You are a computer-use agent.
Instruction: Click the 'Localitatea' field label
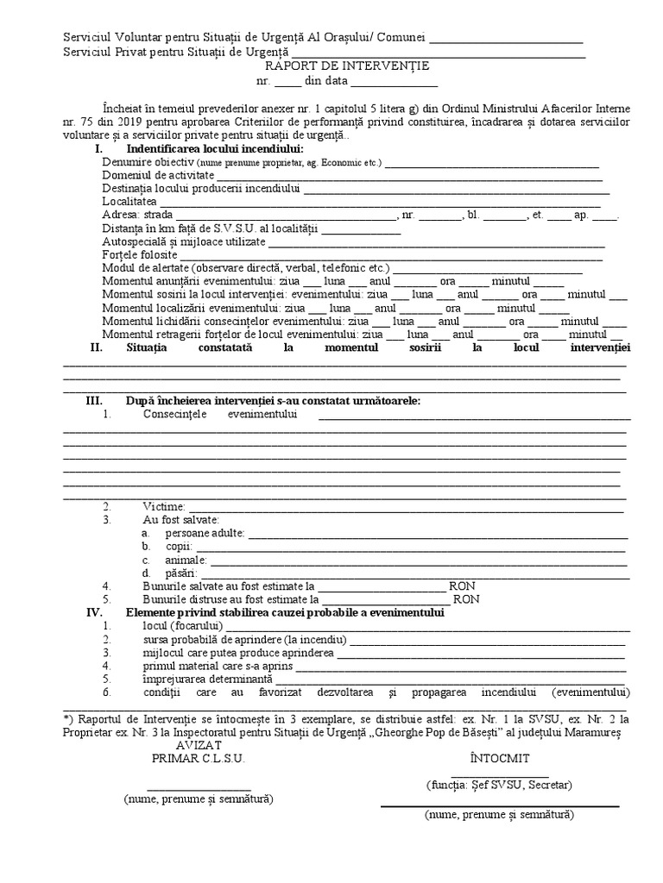coord(129,201)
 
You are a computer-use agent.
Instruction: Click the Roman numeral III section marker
coord(93,401)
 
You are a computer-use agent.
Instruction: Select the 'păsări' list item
coord(182,573)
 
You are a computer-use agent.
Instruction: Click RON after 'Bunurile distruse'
coord(466,599)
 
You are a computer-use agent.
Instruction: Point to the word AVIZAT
coord(199,744)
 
